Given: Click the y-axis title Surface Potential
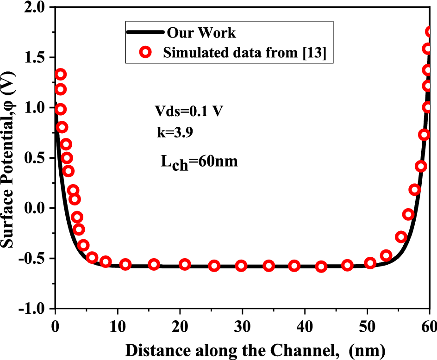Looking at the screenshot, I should pos(10,157).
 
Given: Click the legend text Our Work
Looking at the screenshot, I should pos(201,33).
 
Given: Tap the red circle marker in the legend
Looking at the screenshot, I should pos(146,53).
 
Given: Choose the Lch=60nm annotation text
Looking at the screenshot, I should pos(199,163).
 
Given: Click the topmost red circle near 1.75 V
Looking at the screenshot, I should pos(431,31).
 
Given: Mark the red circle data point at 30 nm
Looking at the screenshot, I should pos(241,266).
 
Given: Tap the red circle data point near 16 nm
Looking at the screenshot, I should pos(154,264).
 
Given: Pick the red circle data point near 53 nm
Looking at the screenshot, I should pos(386,255).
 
